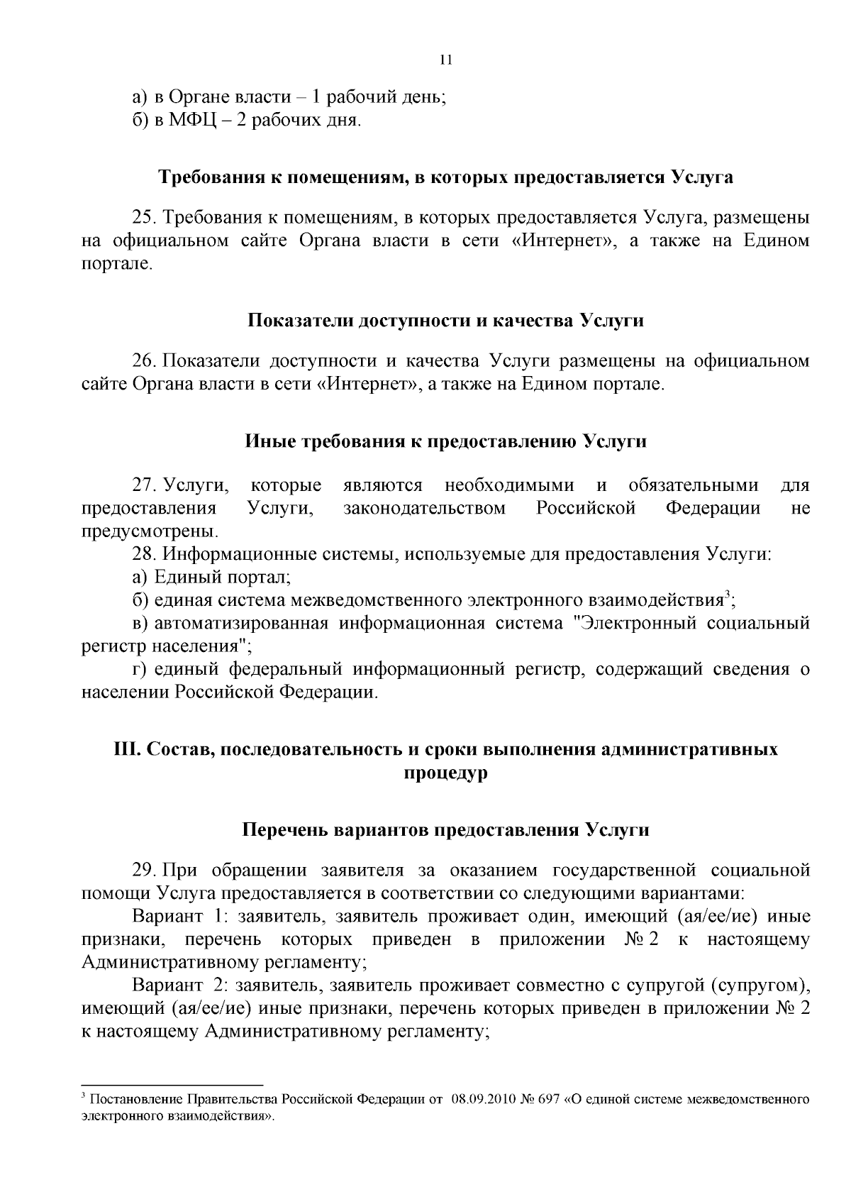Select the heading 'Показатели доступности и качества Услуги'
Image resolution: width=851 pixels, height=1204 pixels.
click(x=445, y=321)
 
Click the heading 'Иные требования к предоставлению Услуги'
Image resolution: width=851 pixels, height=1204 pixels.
click(x=445, y=441)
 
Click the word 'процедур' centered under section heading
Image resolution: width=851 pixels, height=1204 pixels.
click(x=445, y=773)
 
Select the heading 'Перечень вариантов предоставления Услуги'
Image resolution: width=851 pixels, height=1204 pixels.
click(x=445, y=830)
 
